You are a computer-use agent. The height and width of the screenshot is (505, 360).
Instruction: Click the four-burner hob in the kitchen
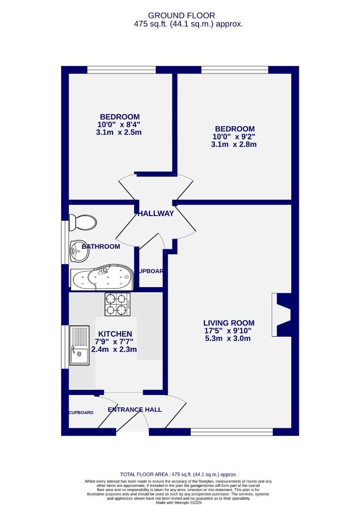tap(117, 303)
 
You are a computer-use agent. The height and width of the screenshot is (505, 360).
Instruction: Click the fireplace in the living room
tap(282, 314)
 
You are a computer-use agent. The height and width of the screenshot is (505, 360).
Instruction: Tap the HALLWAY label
tap(156, 214)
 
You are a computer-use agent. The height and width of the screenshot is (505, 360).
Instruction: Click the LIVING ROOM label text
tap(229, 323)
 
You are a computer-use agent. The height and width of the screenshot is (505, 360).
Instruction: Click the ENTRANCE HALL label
tap(135, 410)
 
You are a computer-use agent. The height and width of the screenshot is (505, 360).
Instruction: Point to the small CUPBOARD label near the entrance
tap(81, 413)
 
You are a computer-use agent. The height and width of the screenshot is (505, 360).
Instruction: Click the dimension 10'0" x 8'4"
tap(119, 124)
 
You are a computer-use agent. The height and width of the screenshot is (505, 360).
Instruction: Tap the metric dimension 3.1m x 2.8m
tap(234, 144)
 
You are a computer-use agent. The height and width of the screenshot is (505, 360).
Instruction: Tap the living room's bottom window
tap(232, 433)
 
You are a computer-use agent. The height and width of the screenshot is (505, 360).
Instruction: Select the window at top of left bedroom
tap(122, 70)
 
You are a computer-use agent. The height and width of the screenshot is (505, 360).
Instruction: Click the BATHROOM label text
tap(101, 246)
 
